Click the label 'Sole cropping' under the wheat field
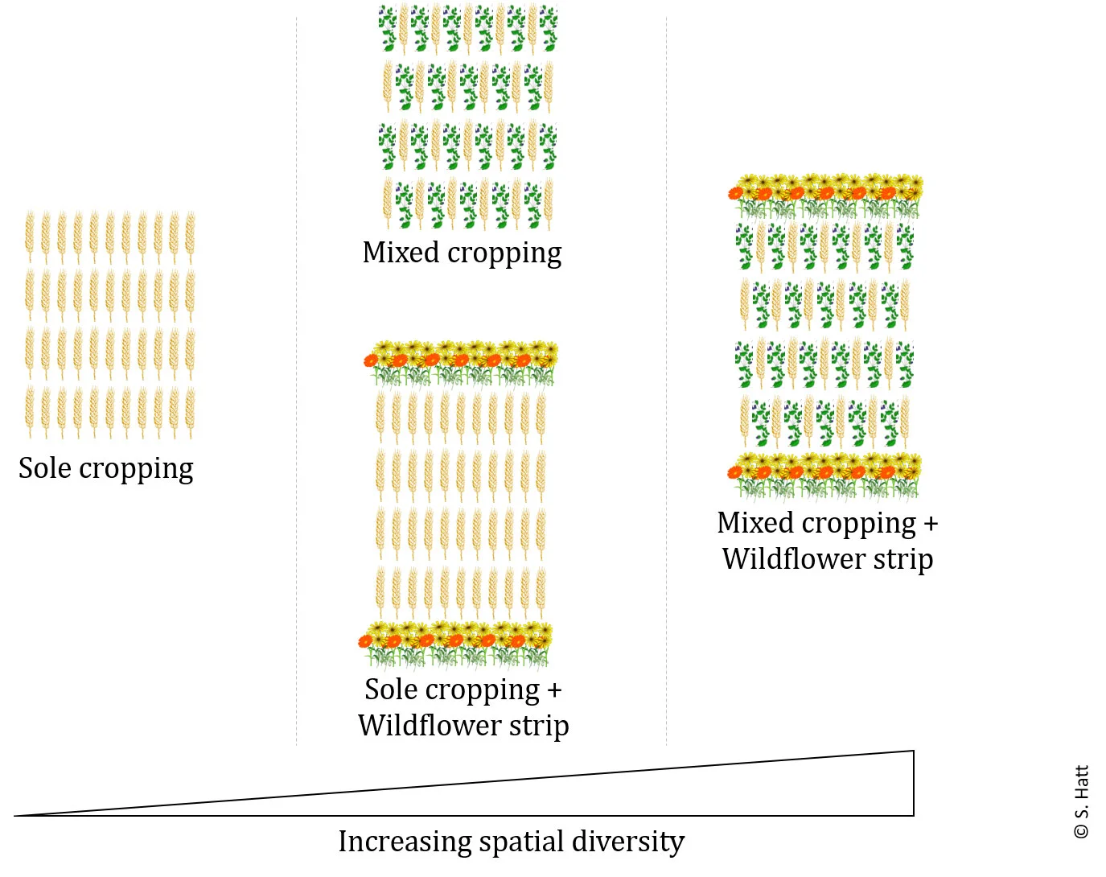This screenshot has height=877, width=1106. coord(105,468)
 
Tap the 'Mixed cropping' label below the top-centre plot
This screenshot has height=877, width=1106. coord(462,253)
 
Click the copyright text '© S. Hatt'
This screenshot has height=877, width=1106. coord(1081,801)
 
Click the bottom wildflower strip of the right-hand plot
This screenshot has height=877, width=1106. coord(824,476)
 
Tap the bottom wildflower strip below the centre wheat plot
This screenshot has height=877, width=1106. coord(456,644)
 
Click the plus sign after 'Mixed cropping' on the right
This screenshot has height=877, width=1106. coord(931,524)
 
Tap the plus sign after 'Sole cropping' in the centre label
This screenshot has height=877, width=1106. coord(554,690)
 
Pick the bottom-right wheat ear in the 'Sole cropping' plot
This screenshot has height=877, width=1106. coord(190,411)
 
